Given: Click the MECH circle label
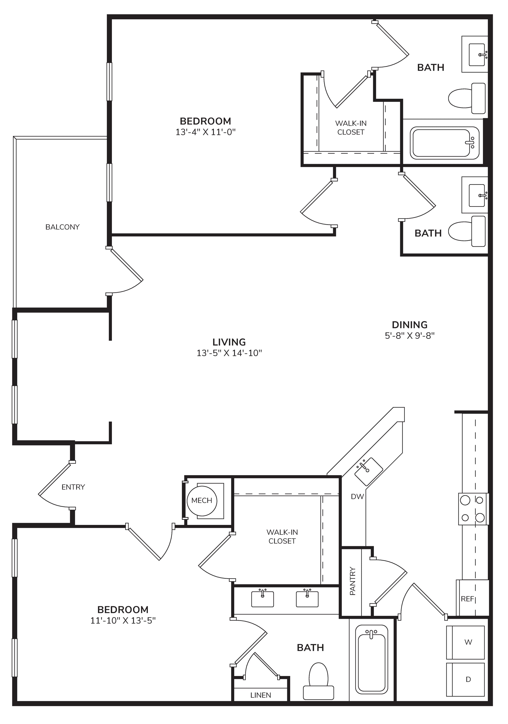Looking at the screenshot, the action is pos(202,501).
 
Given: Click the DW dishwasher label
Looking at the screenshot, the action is pos(357,497).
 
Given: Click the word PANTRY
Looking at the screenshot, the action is pos(353,581).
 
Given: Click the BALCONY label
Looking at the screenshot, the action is pos(62,227).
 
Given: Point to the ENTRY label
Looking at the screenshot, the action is pos(73,487).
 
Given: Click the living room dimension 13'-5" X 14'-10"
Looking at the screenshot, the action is pos(229,353).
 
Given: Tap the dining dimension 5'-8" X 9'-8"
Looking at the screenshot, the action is pos(410,335).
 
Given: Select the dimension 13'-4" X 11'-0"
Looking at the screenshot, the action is pos(206,132).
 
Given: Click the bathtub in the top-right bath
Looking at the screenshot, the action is pos(444,143).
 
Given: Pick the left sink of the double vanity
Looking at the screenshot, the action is pos(262,599).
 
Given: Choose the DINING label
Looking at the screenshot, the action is pos(410,325).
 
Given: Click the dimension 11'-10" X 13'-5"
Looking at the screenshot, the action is pos(123,620).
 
